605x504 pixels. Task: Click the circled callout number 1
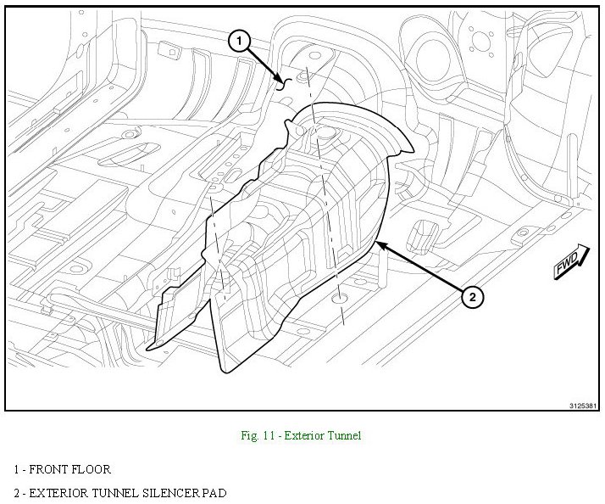[239, 41]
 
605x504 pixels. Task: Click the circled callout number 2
[472, 297]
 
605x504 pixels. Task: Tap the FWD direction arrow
[571, 261]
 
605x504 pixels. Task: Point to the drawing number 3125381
[583, 406]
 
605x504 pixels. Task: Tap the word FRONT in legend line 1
[48, 469]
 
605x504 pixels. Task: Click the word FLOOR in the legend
[91, 469]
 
